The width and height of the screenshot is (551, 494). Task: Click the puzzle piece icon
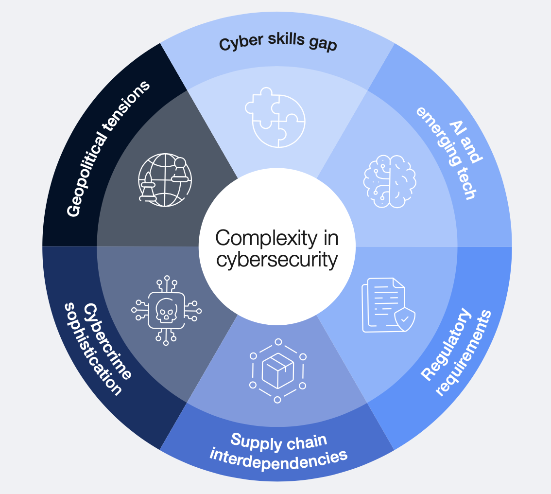pos(275,117)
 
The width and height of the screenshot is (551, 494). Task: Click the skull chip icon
pos(166,310)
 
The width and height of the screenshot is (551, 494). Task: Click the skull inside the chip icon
pos(166,310)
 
